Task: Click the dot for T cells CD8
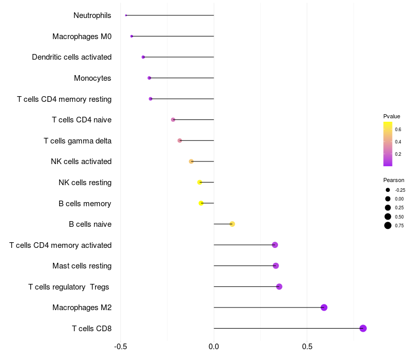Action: pos(363,328)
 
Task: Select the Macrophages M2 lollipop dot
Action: pos(324,308)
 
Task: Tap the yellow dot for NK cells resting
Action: pos(200,182)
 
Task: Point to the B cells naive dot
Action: pos(232,224)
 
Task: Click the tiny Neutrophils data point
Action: pos(126,15)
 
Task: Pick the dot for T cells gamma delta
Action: pos(179,140)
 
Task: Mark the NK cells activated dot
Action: pos(191,161)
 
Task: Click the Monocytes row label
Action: pos(92,78)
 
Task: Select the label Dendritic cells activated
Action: pos(71,57)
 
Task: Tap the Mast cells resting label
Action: pos(82,266)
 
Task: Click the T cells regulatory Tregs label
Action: pos(68,286)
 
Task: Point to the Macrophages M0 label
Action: pos(82,37)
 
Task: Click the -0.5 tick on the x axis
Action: pos(120,347)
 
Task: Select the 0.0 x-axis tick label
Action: pos(214,347)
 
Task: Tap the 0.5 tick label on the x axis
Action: pos(307,347)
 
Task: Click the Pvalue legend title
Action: pos(391,116)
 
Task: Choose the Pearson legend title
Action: pos(394,180)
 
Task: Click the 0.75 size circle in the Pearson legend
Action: pos(388,225)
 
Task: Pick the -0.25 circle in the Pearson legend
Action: pos(388,190)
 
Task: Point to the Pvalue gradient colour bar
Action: pos(388,144)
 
